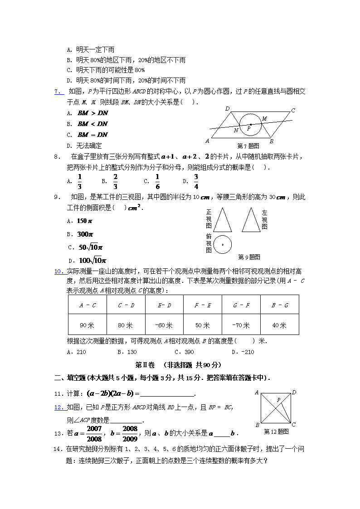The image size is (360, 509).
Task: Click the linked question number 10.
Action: tap(59, 271)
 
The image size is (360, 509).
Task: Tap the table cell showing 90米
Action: tap(87, 325)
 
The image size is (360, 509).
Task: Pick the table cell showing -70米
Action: tap(241, 325)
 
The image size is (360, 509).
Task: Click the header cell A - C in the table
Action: tap(87, 305)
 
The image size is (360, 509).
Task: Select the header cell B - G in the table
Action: tap(279, 305)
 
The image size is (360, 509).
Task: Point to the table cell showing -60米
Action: tap(164, 325)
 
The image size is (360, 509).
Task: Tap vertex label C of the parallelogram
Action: tap(293, 110)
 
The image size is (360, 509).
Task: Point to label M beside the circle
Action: tap(264, 119)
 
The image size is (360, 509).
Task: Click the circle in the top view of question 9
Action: tap(222, 245)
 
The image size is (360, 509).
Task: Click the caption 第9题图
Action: tap(249, 257)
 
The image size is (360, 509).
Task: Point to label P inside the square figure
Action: tap(278, 400)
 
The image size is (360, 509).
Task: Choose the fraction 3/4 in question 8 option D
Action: tap(196, 181)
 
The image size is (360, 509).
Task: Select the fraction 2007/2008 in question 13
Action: tap(94, 433)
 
